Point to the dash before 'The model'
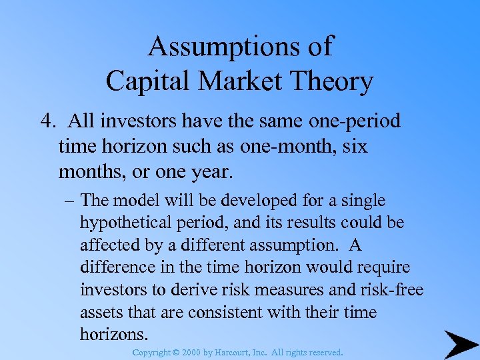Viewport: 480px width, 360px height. point(70,201)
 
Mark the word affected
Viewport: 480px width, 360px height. point(105,245)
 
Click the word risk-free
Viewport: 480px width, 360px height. point(395,289)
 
